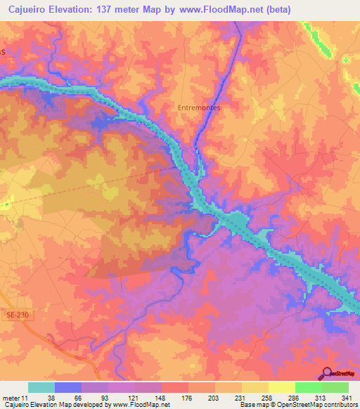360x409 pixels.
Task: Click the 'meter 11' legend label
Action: coord(13,398)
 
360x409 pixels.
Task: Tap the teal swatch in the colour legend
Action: coord(41,387)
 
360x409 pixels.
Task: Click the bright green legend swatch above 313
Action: coord(309,387)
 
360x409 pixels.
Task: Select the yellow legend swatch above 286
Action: coord(282,387)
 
